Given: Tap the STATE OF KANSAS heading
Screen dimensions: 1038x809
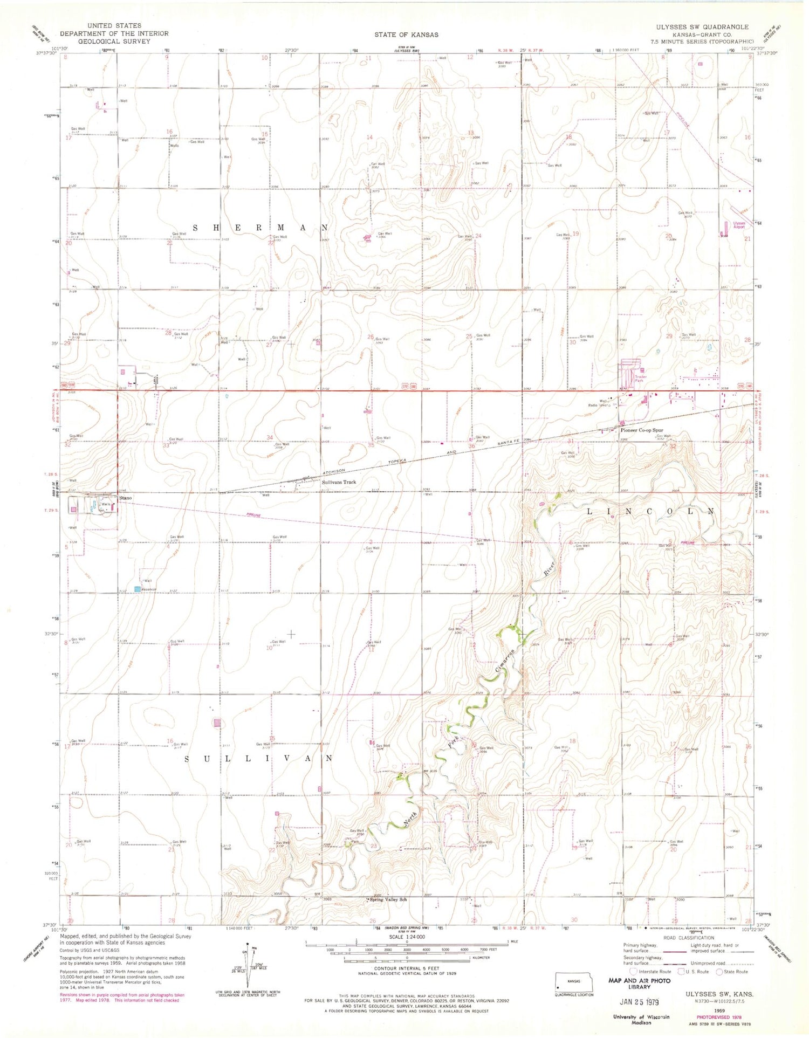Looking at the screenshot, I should tap(406, 35).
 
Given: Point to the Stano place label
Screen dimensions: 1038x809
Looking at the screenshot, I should tap(125, 498).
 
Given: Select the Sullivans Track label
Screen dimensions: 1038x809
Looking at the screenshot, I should tap(339, 482).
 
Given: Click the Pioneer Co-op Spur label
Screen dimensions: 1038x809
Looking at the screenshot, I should tap(641, 430).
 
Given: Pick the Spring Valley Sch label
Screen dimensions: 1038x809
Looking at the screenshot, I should tap(388, 899).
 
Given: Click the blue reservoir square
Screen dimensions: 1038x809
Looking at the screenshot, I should tap(138, 589).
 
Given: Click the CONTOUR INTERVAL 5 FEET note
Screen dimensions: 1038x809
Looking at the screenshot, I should tap(406, 969).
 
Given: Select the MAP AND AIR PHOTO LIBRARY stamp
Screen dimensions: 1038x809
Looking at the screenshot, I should tap(639, 983).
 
